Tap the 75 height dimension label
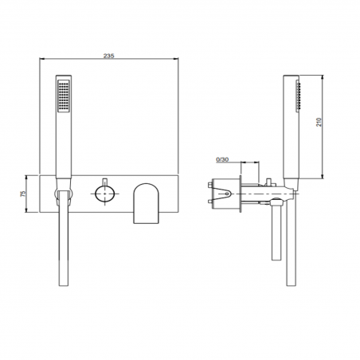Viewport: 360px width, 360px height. pyautogui.click(x=23, y=193)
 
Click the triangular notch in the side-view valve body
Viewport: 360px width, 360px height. pyautogui.click(x=229, y=192)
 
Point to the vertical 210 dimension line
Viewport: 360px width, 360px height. pyautogui.click(x=322, y=127)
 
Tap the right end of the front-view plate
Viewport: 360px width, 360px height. pyautogui.click(x=174, y=193)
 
